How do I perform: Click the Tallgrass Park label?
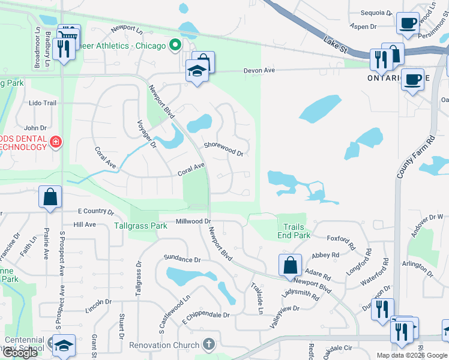tap(140, 226)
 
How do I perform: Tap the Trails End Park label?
tap(294, 231)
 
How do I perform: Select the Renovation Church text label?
tap(164, 345)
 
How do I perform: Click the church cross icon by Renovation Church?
tap(208, 344)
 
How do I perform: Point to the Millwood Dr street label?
tap(193, 221)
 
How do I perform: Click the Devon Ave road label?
tap(259, 71)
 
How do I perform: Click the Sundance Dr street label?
tap(182, 259)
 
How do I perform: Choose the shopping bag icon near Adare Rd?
tap(290, 265)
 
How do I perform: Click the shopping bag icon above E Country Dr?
tap(50, 196)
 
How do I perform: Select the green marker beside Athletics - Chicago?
tap(175, 45)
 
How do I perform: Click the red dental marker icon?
tap(56, 142)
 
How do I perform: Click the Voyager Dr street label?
tap(145, 137)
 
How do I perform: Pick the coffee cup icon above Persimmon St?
tap(408, 23)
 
